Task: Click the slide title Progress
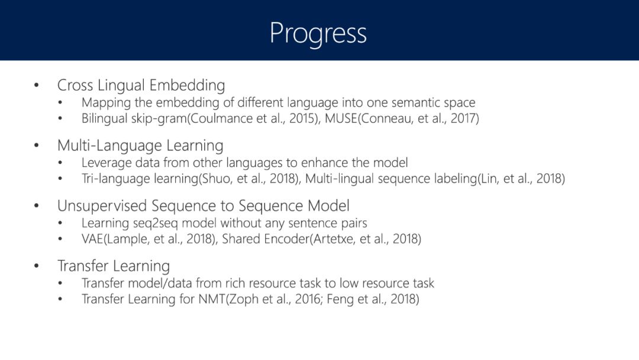tap(318, 34)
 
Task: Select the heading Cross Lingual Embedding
tap(141, 85)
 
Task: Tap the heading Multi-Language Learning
tap(140, 146)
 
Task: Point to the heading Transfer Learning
tap(113, 266)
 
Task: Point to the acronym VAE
tap(92, 239)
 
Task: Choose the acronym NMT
tap(211, 299)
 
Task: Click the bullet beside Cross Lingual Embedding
tap(37, 85)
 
